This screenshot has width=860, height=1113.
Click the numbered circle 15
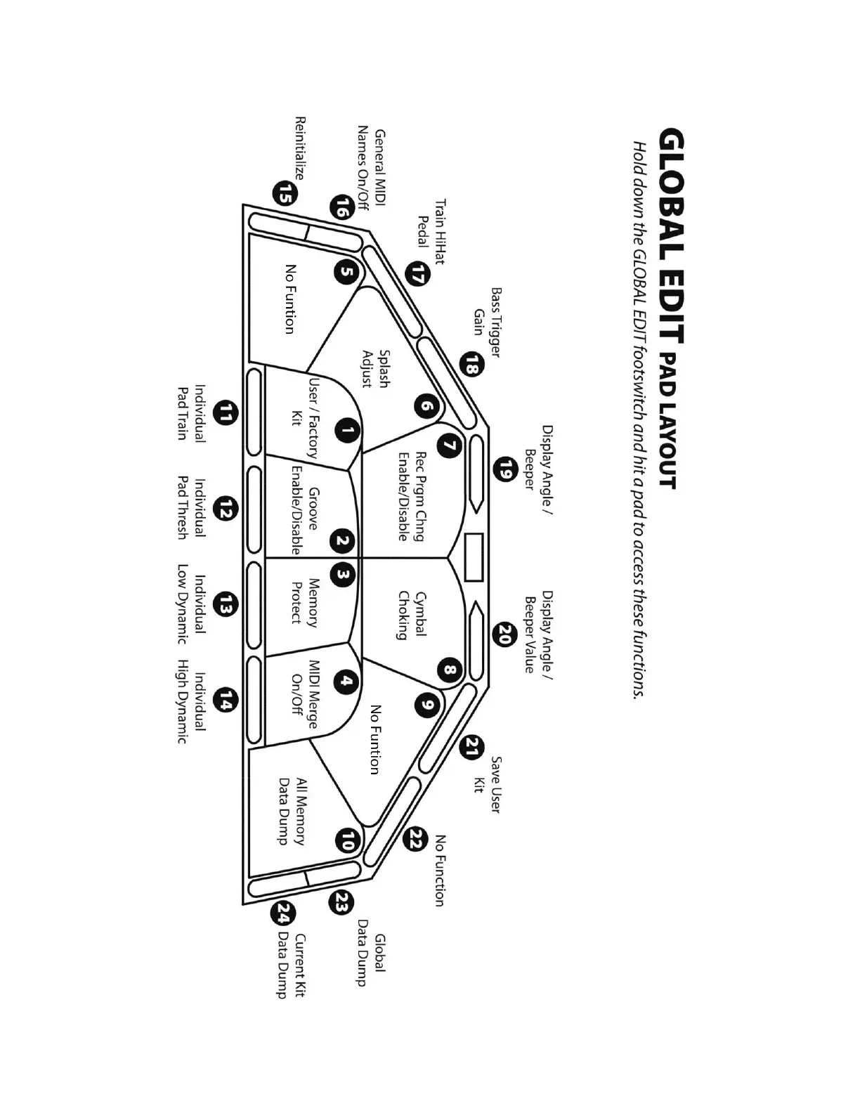[285, 193]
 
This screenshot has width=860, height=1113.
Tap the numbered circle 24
[283, 914]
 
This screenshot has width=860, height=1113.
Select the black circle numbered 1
[347, 431]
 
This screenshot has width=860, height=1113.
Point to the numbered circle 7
[449, 445]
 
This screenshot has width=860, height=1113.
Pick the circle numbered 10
[347, 840]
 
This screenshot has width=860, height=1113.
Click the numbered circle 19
[504, 469]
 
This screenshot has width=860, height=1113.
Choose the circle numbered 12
[225, 508]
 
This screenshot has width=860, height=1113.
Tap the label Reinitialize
[300, 148]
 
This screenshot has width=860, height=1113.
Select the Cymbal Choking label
[411, 615]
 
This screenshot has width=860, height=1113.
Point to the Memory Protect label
[305, 601]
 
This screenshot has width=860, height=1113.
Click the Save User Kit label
[487, 784]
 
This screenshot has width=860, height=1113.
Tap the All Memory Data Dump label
[292, 811]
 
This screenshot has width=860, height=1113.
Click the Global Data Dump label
[370, 960]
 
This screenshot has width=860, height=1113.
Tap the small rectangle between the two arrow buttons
[474, 557]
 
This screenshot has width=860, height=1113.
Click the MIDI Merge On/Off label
[305, 694]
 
